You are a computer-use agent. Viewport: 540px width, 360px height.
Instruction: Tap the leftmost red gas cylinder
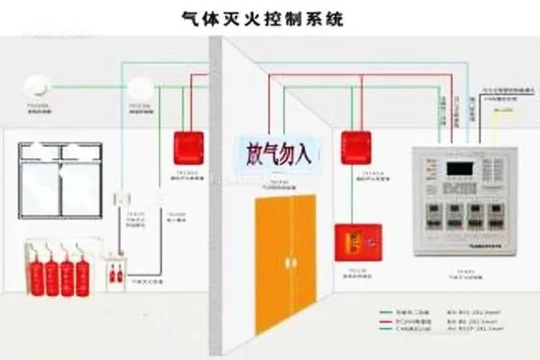[x=35, y=275]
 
